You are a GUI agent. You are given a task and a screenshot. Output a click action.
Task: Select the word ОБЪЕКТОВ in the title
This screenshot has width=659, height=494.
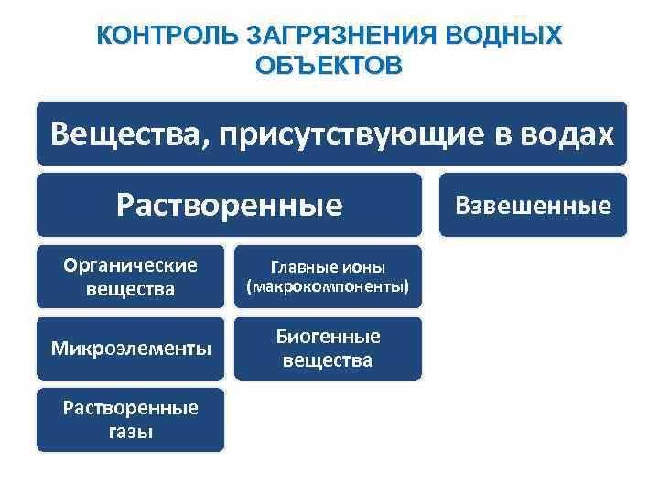[329, 67]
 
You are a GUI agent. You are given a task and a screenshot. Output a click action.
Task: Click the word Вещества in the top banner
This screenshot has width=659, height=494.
[116, 134]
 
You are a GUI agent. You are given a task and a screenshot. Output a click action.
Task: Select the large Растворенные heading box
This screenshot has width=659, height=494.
[229, 205]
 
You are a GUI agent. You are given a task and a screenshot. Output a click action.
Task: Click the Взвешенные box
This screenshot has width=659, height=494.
[534, 205]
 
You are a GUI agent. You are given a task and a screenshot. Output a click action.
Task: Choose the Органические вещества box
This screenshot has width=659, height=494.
[130, 277]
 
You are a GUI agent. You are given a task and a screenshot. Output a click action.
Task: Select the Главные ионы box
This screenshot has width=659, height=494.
[328, 277]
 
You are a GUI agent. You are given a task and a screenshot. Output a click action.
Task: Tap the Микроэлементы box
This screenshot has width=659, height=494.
[130, 349]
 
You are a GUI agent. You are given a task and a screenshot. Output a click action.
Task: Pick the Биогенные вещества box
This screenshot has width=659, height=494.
[328, 349]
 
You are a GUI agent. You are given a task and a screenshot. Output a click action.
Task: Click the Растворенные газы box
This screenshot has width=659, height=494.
[130, 420]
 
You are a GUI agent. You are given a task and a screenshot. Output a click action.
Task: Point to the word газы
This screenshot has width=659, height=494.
[130, 432]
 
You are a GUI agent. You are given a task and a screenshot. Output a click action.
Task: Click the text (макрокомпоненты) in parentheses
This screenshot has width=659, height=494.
[328, 288]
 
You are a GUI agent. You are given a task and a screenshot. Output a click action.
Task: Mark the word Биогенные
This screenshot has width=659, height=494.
[328, 337]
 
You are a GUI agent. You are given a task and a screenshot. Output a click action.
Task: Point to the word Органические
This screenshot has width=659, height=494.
[130, 265]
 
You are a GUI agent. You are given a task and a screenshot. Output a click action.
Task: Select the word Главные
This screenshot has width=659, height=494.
[306, 267]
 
